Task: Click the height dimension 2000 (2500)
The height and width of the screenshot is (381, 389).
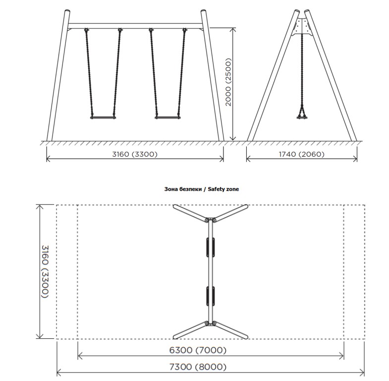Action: point(228,82)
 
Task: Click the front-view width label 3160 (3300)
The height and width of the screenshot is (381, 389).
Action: point(135,154)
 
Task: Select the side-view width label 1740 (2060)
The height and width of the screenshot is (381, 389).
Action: point(302,154)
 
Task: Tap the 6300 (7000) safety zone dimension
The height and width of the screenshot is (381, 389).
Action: point(198,350)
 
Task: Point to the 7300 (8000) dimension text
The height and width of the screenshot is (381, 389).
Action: point(198,367)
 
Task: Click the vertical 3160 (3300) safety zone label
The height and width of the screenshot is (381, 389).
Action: point(45,271)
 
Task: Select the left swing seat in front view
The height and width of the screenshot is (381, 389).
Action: point(103,118)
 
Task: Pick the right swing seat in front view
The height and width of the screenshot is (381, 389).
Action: point(167,118)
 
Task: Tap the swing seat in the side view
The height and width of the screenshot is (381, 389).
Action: point(302,117)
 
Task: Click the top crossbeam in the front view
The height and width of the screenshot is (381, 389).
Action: point(135,26)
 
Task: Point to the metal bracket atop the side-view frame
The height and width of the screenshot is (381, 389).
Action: point(302,27)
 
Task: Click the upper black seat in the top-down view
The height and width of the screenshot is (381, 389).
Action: point(211,247)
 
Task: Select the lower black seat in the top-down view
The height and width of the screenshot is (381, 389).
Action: point(211,296)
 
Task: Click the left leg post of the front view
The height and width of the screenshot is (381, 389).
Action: point(58,75)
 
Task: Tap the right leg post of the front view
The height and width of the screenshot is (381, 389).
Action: point(213,75)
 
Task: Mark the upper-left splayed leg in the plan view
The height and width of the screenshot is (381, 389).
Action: point(190,214)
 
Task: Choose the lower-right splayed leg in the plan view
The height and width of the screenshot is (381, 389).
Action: point(230,330)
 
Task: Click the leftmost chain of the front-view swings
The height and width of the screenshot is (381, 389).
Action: point(89,73)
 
